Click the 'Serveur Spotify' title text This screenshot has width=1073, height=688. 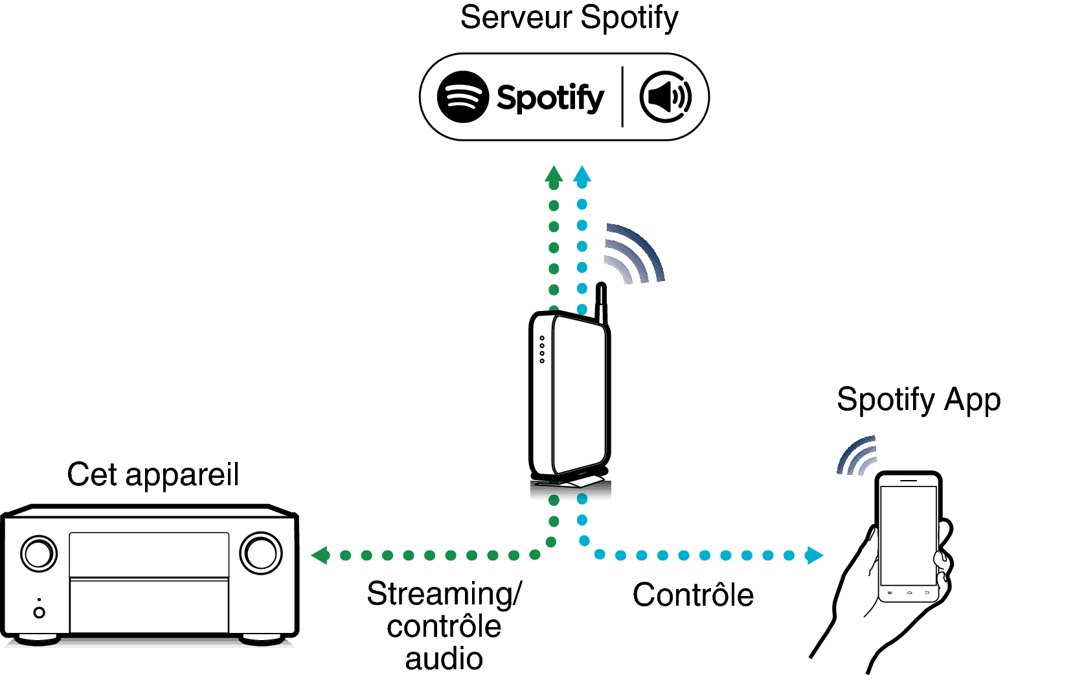point(569,17)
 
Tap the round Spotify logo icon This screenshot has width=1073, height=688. point(462,97)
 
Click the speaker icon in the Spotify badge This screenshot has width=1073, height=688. point(665,97)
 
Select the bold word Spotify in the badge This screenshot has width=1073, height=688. point(550,98)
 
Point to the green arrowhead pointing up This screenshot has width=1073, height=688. point(554,174)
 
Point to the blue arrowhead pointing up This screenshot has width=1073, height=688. point(582,174)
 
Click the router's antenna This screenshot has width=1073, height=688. point(602,302)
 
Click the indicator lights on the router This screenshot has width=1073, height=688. point(542,349)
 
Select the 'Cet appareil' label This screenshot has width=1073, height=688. point(153,475)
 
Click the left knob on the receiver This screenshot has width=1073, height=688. point(39,554)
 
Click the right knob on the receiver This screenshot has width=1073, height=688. point(261,553)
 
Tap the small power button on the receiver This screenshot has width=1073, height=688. point(39,612)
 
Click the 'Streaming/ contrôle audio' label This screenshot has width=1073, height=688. point(444,626)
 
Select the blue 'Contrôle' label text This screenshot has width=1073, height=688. point(693,595)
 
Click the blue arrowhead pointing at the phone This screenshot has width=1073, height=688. point(815,555)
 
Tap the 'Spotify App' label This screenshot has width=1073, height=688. point(918,400)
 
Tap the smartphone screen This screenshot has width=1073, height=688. point(908,534)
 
